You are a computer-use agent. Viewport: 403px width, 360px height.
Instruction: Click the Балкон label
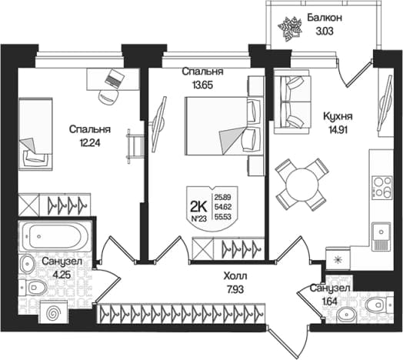click(x=325, y=18)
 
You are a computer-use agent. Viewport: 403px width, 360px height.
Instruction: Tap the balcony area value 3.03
click(x=325, y=31)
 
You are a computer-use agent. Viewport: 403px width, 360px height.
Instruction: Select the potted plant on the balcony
click(x=290, y=28)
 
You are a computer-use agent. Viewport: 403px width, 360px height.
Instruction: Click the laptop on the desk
click(x=115, y=78)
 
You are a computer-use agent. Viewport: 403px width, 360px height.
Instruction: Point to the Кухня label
click(x=338, y=116)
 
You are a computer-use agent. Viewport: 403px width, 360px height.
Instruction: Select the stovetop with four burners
click(x=382, y=187)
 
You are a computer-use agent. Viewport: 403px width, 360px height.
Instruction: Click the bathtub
click(x=55, y=236)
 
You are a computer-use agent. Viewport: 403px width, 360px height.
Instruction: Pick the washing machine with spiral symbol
click(x=54, y=312)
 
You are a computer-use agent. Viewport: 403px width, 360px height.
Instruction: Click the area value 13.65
click(x=203, y=85)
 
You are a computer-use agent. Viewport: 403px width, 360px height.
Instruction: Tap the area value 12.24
click(x=90, y=143)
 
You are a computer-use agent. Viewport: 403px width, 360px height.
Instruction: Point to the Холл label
click(x=235, y=276)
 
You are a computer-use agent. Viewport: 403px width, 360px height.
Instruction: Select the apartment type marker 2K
click(x=198, y=205)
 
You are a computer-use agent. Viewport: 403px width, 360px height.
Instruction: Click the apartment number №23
click(x=199, y=218)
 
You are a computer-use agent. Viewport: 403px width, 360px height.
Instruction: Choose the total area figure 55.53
click(x=222, y=217)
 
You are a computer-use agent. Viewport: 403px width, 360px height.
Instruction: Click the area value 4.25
click(x=62, y=275)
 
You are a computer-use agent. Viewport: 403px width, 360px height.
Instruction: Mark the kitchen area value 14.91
click(x=338, y=130)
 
